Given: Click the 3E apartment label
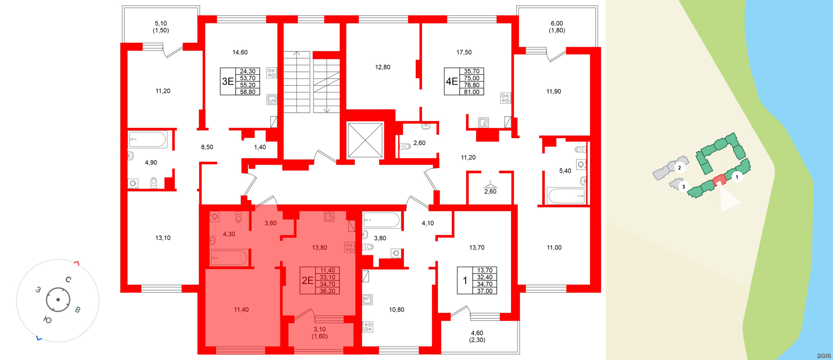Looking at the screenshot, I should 228,81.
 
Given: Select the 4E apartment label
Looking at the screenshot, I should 452,81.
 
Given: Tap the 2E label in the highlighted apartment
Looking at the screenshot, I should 307,280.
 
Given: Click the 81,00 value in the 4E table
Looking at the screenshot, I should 472,92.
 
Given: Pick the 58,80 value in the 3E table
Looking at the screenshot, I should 248,92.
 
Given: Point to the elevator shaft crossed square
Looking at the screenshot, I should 365,140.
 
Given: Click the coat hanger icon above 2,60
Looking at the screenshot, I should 490,185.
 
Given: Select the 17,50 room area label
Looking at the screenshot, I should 464,53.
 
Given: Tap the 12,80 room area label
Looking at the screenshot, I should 383,67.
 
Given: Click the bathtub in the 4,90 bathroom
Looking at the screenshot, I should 148,140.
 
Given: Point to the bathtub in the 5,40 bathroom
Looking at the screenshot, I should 566,196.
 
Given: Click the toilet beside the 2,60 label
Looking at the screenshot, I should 405,146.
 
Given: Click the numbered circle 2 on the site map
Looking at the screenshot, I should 680,168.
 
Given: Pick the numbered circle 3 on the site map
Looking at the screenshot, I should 683,187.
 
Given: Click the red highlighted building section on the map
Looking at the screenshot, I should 719,180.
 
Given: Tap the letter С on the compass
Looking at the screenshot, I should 68,280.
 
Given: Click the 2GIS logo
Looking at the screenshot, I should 824,356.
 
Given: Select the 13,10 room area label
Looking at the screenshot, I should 163,238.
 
